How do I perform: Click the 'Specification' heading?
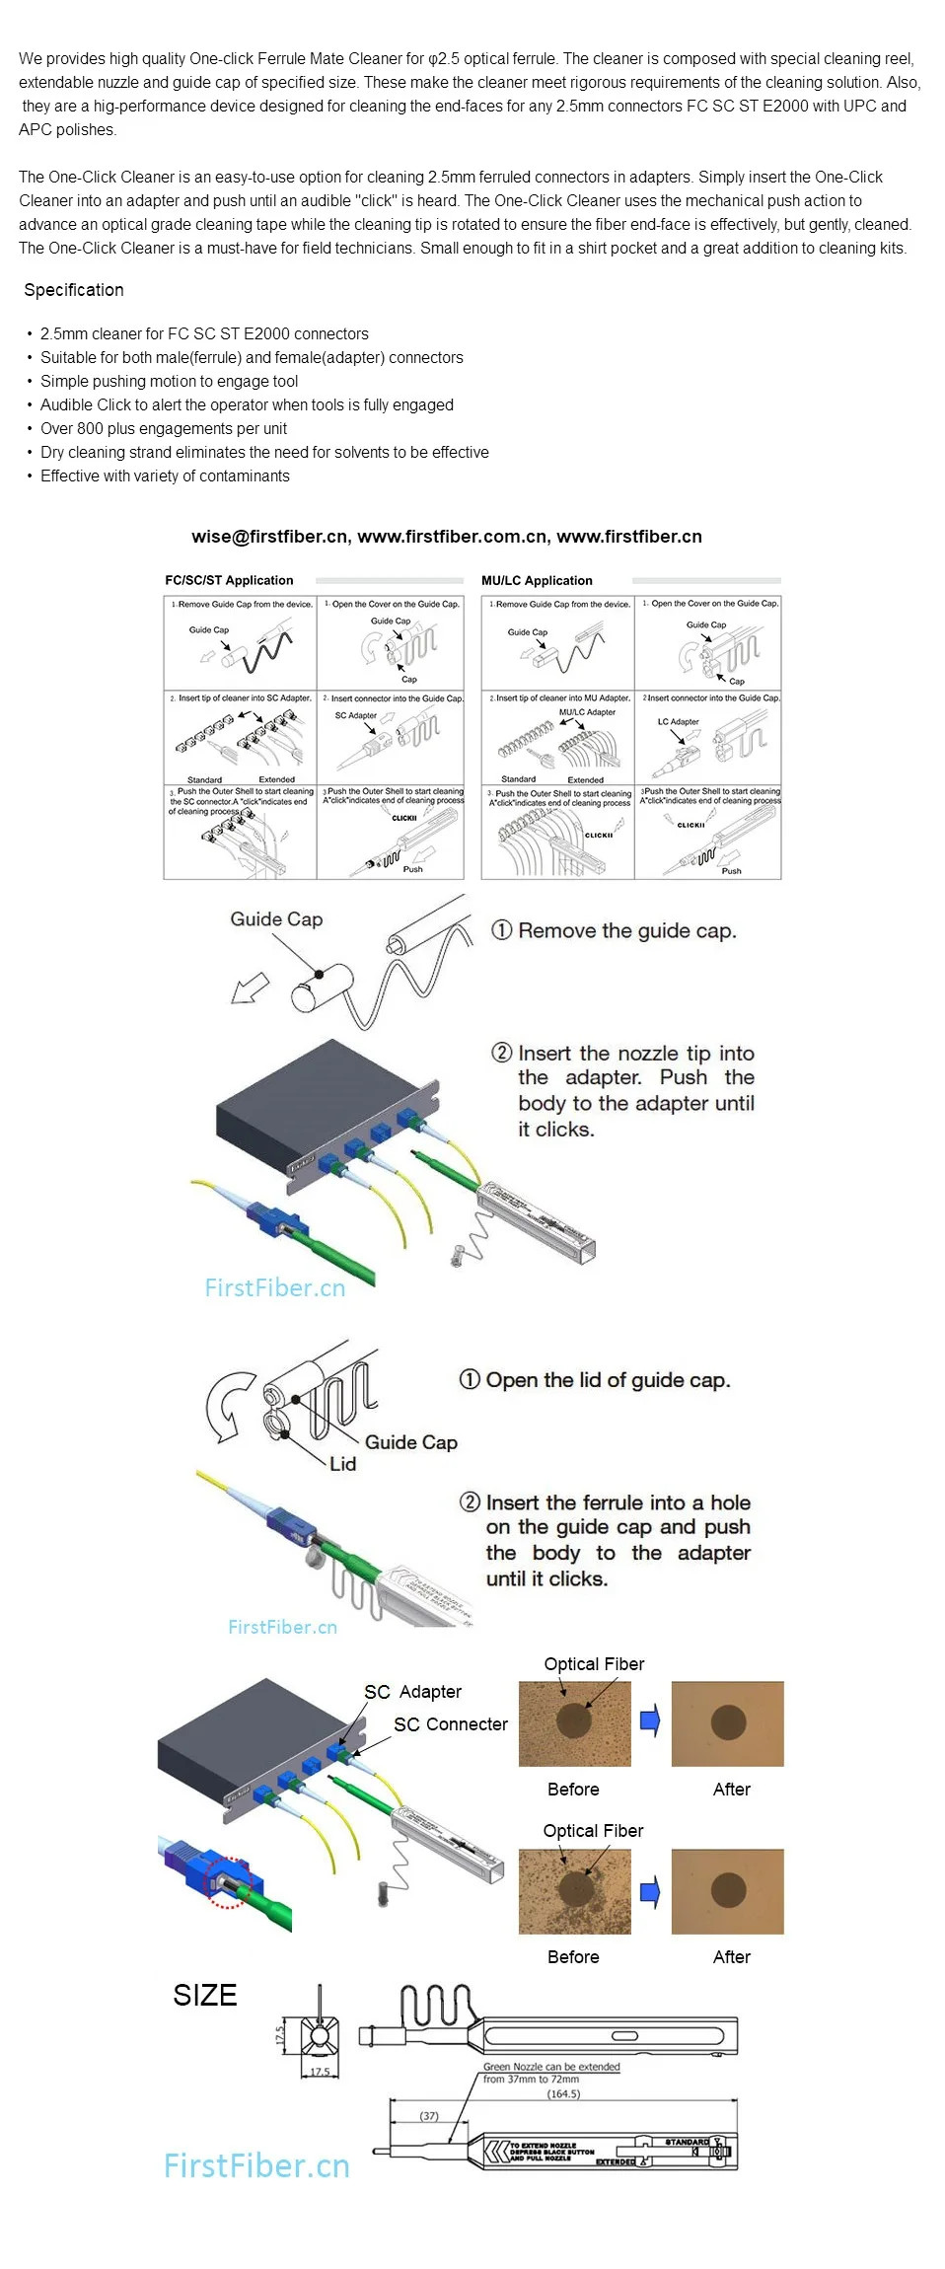coord(74,290)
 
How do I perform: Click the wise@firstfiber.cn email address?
coord(269,537)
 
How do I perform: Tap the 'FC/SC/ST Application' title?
coord(229,581)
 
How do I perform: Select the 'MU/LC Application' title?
coord(537,581)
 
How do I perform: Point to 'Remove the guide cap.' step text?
coord(626,931)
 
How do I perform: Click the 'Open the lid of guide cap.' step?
coord(608,1380)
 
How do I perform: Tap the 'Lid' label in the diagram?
coord(342,1464)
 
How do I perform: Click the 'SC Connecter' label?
coord(451,1724)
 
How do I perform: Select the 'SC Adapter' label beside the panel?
coord(412,1692)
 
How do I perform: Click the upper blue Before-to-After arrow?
coord(650,1721)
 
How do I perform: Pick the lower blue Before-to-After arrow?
coord(650,1892)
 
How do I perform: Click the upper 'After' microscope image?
coord(727,1724)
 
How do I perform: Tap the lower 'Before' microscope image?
coord(574,1891)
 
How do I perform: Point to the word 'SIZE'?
coord(205,1996)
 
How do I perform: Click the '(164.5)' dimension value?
coord(563,2093)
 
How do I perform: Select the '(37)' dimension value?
coord(429,2116)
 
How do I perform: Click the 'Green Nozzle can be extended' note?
coord(551,2067)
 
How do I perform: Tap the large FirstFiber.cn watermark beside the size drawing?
coord(256,2165)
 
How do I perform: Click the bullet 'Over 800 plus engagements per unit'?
coord(164,429)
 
